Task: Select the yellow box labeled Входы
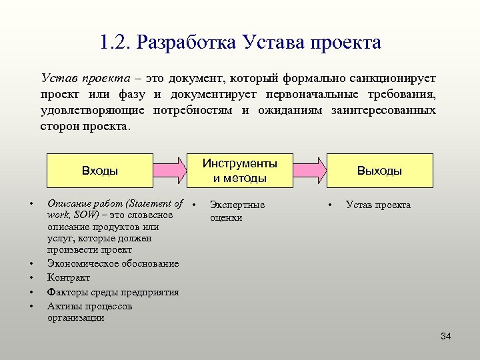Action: (x=100, y=171)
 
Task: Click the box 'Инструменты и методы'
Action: (x=240, y=171)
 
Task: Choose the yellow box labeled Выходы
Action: (x=379, y=171)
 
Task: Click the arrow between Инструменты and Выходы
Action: (x=310, y=171)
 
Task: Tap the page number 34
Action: (x=446, y=336)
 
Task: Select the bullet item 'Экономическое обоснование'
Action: (x=113, y=263)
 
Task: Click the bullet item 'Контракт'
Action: (x=68, y=277)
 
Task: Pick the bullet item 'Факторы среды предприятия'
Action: (x=113, y=292)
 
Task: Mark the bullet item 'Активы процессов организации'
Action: (x=89, y=312)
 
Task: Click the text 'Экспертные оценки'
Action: (x=237, y=211)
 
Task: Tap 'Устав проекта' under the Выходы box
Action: (x=378, y=205)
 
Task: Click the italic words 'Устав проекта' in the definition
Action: (x=79, y=79)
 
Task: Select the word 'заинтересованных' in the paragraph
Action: (x=383, y=110)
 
